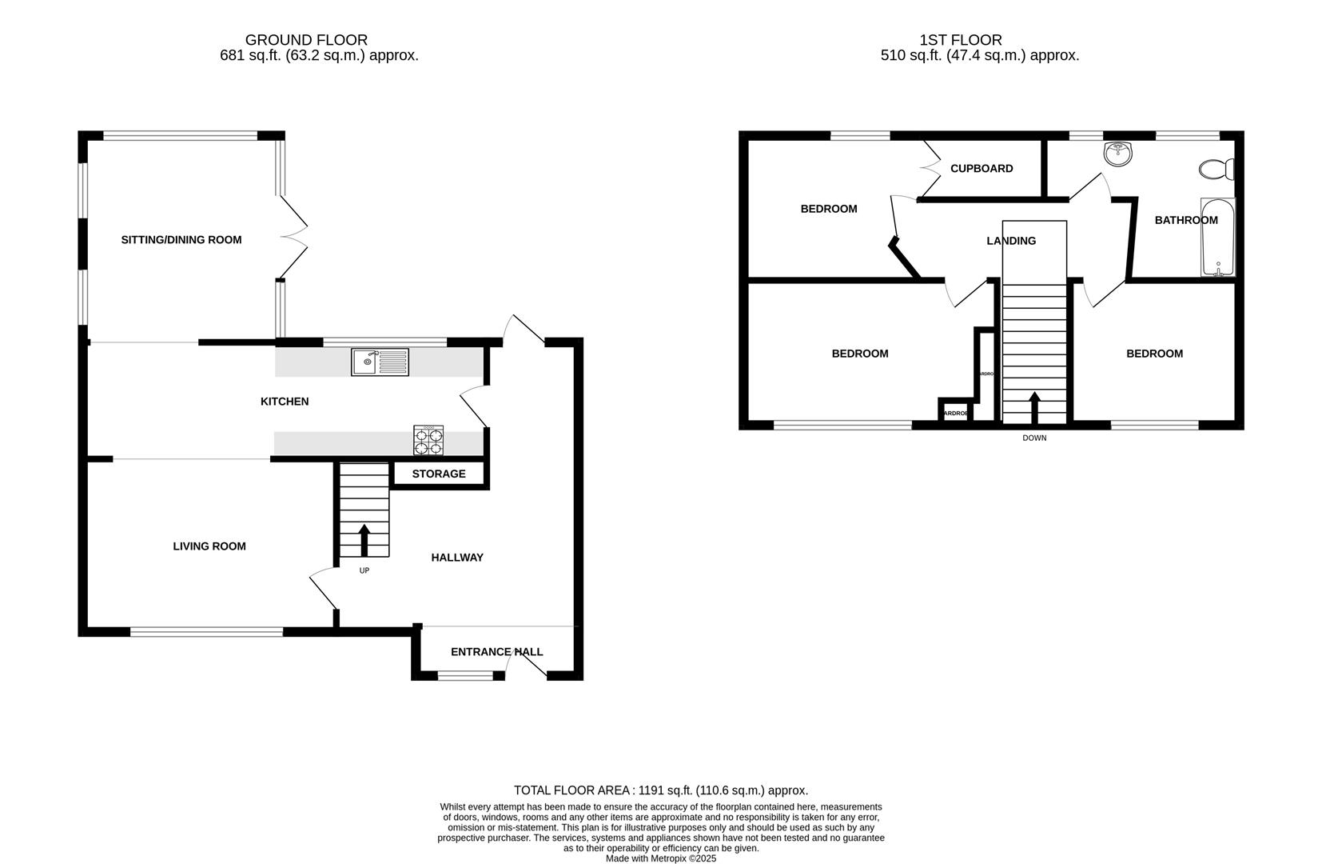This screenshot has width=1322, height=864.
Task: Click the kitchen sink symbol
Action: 380,362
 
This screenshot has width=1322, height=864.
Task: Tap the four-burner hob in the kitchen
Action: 428,440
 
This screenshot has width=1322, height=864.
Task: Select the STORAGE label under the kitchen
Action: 439,474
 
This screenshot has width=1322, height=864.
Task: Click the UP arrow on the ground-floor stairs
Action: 364,540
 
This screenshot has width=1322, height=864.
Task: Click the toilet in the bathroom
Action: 1216,170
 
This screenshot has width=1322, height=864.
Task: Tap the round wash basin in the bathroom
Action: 1117,154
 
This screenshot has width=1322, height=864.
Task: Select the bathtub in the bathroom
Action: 1217,238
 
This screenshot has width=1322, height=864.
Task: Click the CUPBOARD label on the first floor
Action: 982,169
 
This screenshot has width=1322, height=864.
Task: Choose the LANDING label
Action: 1011,241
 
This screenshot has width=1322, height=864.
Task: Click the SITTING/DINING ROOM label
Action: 181,239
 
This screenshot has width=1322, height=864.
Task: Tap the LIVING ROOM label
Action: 209,546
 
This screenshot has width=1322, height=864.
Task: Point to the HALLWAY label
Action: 457,558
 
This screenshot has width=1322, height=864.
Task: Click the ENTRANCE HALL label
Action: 496,652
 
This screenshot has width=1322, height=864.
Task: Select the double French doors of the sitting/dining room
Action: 294,237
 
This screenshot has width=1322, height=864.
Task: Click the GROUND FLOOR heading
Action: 306,40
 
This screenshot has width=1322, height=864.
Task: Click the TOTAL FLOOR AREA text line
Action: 660,790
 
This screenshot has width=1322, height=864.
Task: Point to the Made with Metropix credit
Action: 660,858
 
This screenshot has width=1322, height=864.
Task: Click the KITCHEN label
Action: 285,402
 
